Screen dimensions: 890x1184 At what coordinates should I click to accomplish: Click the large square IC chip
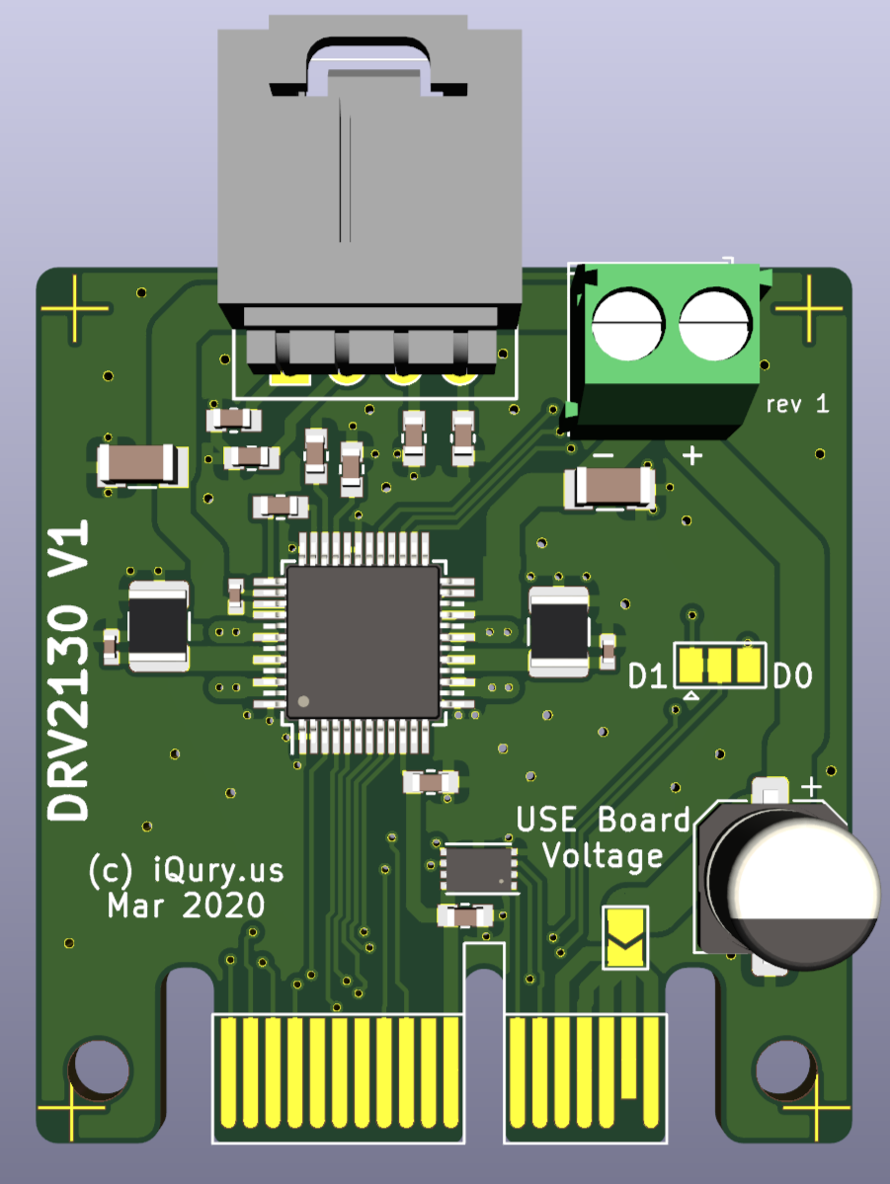pyautogui.click(x=363, y=641)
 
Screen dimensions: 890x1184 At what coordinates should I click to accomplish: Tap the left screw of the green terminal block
pyautogui.click(x=628, y=325)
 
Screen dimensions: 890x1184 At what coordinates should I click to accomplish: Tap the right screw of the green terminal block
pyautogui.click(x=715, y=325)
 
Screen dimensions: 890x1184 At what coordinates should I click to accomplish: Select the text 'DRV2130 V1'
pyautogui.click(x=69, y=670)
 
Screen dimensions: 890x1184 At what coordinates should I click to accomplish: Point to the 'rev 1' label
pyautogui.click(x=798, y=404)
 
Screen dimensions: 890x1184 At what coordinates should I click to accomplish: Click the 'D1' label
pyautogui.click(x=647, y=675)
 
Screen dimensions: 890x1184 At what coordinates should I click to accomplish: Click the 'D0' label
pyautogui.click(x=792, y=675)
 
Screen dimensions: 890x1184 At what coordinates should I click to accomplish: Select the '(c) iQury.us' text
pyautogui.click(x=186, y=871)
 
